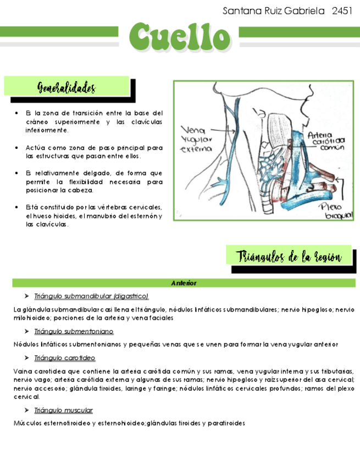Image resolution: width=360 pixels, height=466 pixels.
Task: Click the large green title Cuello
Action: [180, 36]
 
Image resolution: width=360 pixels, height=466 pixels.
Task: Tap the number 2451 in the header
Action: [342, 11]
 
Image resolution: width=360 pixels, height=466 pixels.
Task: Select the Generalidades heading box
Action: [67, 88]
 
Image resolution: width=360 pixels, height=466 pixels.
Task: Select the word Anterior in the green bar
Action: [184, 283]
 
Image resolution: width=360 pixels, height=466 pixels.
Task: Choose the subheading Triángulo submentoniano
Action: [74, 331]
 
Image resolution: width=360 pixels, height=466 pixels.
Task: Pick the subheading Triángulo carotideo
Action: [68, 358]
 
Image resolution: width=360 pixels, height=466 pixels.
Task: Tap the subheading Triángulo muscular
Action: [63, 410]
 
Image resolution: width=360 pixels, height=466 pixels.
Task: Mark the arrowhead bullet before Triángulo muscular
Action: [27, 410]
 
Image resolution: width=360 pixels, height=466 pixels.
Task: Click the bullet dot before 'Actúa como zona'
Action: [19, 148]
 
